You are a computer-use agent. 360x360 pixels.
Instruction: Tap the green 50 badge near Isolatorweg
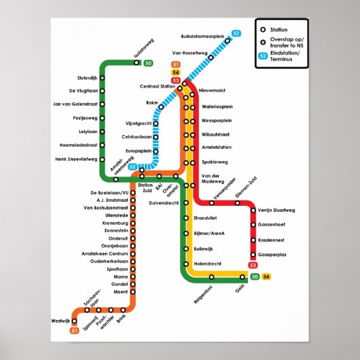click(x=149, y=64)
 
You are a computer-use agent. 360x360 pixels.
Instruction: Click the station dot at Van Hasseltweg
click(x=211, y=58)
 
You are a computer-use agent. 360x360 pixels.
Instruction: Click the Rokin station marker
click(x=161, y=107)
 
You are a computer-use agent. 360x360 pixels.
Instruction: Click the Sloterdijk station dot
click(x=102, y=78)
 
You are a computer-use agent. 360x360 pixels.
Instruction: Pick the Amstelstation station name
click(x=217, y=147)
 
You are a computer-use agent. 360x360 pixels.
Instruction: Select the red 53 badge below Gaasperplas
click(x=253, y=265)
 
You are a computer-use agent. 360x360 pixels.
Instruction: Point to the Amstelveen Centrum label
click(x=105, y=253)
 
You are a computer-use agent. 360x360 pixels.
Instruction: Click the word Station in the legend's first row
click(x=278, y=30)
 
